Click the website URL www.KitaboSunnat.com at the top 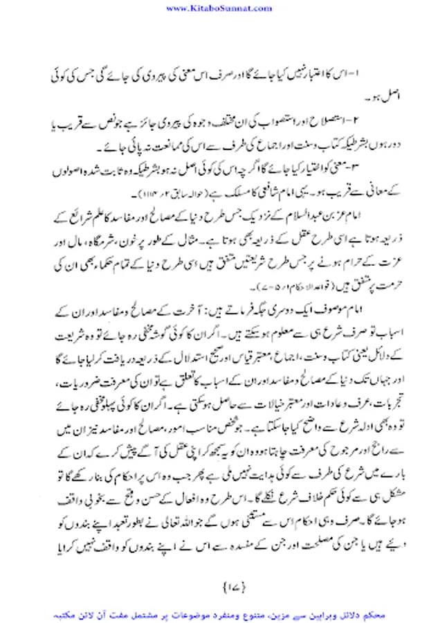[219, 8]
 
